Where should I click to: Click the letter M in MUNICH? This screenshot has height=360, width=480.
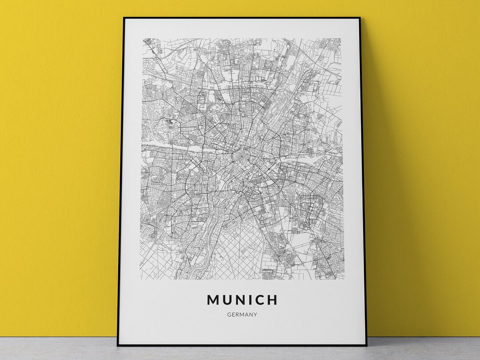[214, 300]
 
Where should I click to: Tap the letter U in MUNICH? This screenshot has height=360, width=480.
[228, 300]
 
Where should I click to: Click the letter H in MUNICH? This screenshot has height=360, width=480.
[273, 300]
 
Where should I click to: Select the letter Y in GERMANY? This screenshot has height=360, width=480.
[256, 315]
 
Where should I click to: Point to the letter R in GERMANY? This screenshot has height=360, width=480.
[238, 315]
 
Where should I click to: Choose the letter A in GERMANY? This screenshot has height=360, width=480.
[247, 315]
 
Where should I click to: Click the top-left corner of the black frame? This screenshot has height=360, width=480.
[124, 18]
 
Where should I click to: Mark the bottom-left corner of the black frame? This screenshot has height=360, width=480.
[118, 345]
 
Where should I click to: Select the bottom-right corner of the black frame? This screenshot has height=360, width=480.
[366, 345]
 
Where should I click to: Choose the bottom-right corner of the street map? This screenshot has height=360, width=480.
[344, 280]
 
